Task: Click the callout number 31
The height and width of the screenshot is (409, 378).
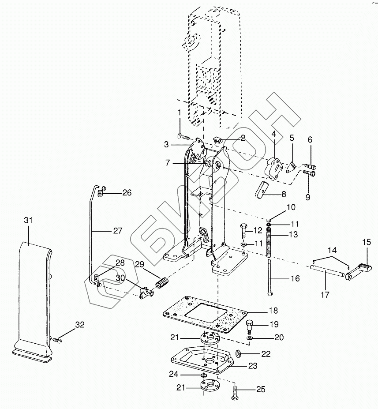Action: [28, 221]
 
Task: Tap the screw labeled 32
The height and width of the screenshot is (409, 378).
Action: [56, 340]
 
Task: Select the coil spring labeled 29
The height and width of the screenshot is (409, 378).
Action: [162, 283]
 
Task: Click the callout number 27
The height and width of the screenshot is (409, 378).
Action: [118, 231]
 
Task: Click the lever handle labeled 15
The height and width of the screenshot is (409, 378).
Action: [358, 271]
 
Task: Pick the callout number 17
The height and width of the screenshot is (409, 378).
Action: [325, 295]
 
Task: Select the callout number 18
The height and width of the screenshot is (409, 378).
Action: [273, 311]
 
